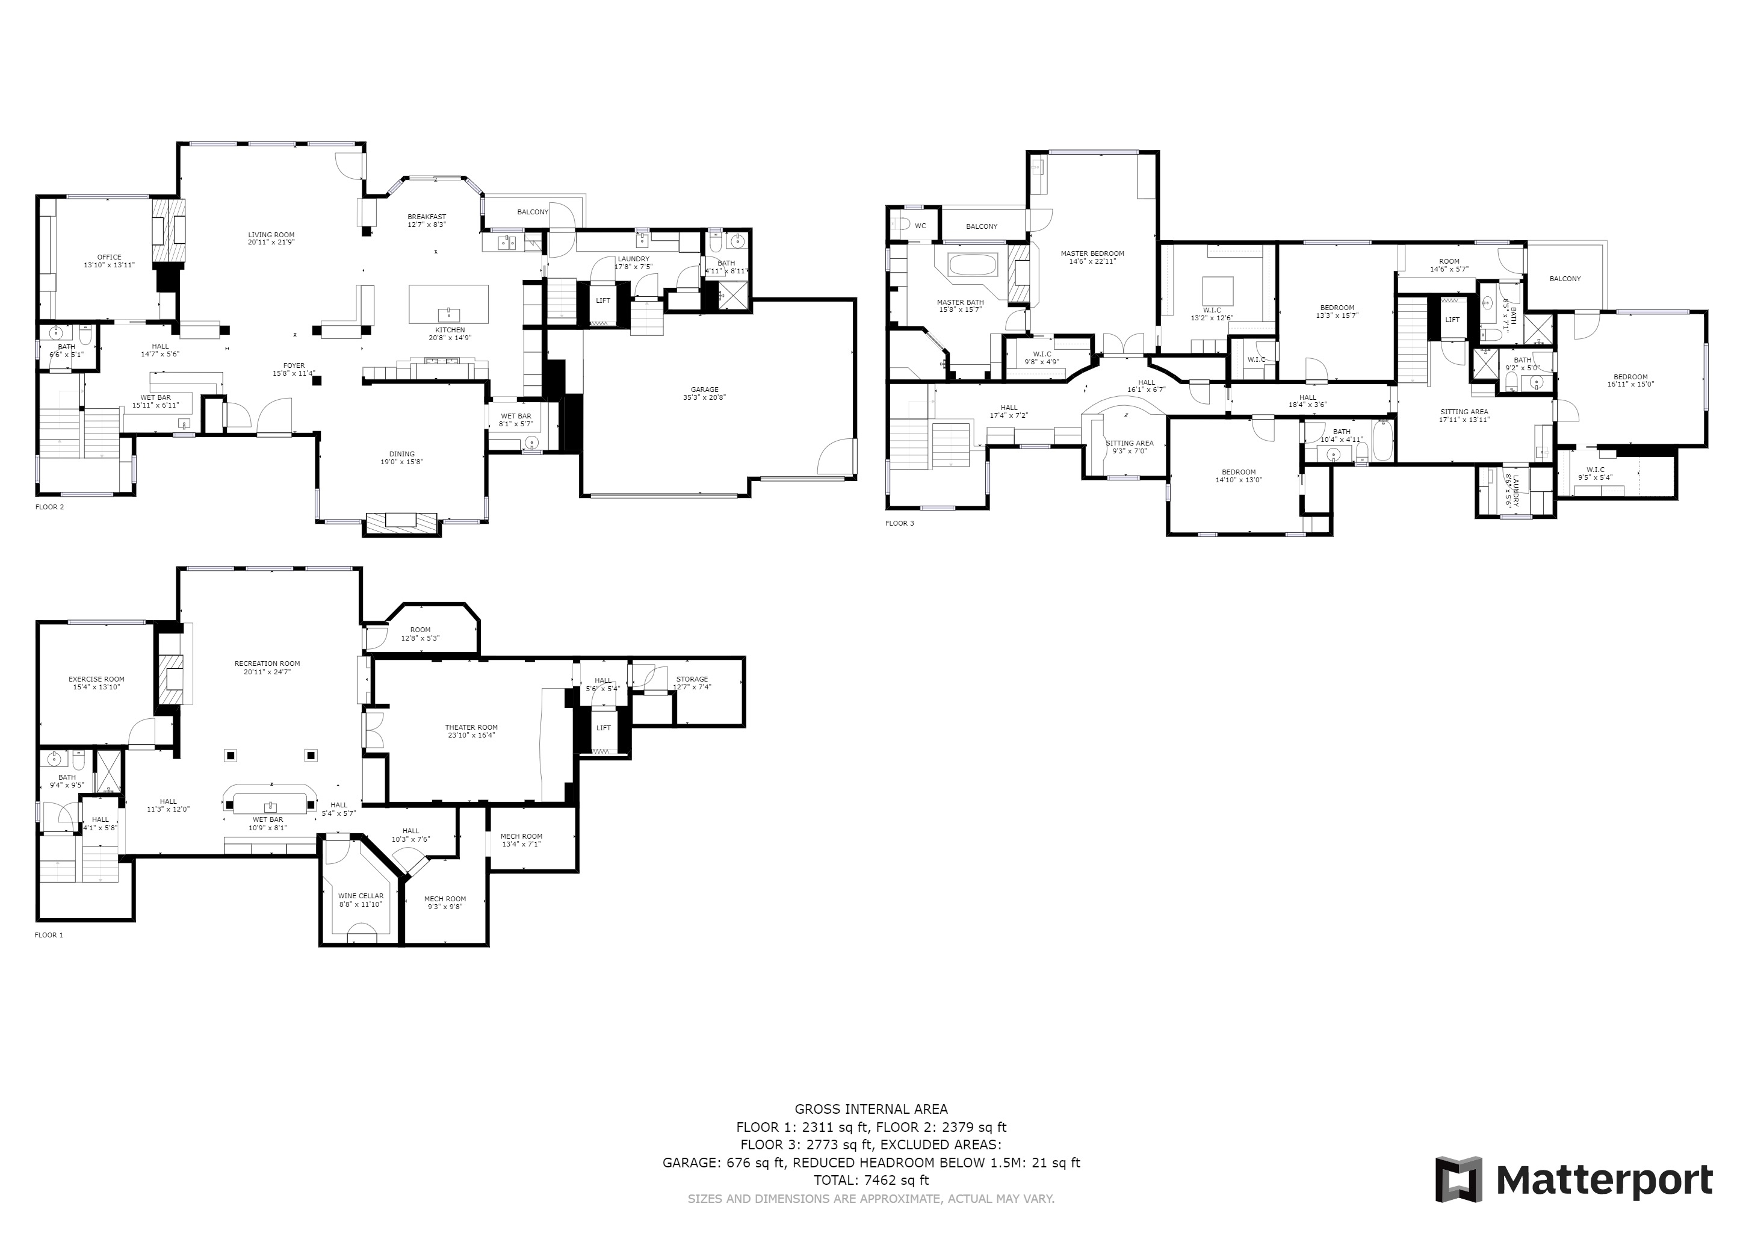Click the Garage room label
(x=705, y=390)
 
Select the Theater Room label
(x=471, y=727)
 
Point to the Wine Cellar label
(x=361, y=896)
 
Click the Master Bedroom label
(x=1092, y=253)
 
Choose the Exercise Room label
(x=96, y=680)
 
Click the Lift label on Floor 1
(x=604, y=728)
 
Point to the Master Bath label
(x=961, y=302)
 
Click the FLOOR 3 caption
(x=900, y=523)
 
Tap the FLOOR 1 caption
(x=49, y=936)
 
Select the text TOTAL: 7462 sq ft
(x=872, y=1180)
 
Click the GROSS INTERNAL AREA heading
(x=872, y=1109)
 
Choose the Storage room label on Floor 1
(x=692, y=680)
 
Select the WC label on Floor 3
(x=920, y=226)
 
